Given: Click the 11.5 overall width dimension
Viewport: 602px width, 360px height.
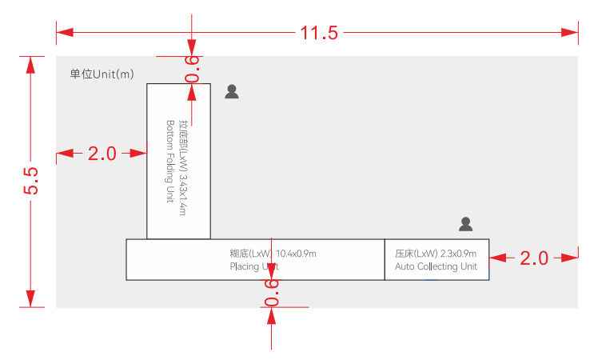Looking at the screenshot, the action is click(x=319, y=33).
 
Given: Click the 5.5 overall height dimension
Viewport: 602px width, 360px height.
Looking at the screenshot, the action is click(x=30, y=181).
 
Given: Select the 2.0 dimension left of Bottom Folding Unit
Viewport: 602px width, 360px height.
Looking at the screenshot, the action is click(x=102, y=154).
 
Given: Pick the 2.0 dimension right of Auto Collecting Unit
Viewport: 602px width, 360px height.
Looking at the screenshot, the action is click(x=534, y=258).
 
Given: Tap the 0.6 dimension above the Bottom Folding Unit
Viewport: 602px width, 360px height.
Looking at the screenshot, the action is click(x=192, y=69).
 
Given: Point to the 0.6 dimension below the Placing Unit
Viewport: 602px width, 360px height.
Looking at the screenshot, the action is click(x=272, y=293).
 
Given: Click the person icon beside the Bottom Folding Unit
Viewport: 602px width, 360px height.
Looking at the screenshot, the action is click(x=232, y=91).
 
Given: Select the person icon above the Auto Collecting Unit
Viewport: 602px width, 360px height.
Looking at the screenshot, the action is click(x=466, y=224).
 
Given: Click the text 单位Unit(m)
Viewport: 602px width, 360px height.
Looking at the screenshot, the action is click(x=102, y=74).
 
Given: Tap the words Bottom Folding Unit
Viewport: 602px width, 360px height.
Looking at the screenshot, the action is click(x=170, y=162).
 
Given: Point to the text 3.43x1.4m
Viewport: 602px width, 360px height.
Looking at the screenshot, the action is click(x=184, y=194).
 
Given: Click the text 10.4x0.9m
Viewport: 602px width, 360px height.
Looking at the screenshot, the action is click(x=296, y=254).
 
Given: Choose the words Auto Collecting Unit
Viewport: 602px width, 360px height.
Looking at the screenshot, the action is click(x=437, y=266).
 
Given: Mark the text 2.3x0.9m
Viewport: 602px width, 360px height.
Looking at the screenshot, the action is click(x=458, y=254).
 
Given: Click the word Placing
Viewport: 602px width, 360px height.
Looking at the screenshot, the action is click(x=244, y=266).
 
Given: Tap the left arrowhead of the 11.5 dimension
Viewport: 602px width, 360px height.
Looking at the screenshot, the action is click(x=65, y=32).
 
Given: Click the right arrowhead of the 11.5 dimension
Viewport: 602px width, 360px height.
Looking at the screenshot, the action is click(x=569, y=32).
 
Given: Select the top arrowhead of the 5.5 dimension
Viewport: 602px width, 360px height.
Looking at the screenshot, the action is click(x=30, y=65).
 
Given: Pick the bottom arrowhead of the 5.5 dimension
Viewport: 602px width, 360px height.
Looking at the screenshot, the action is click(x=30, y=298).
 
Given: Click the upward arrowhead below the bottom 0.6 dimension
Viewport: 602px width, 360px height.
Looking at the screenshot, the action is click(x=272, y=316).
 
